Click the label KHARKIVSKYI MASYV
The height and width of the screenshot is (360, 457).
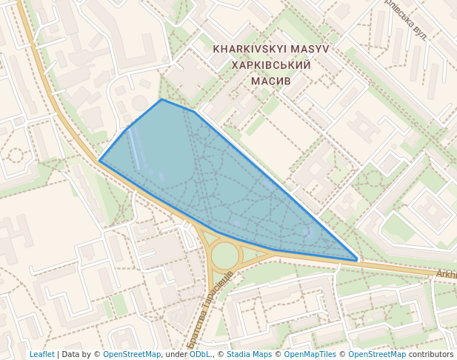pos(270,49)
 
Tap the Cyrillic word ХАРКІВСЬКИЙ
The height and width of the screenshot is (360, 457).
pos(270,65)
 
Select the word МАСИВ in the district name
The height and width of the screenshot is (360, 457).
pos(270,81)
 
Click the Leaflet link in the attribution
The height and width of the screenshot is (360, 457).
pos(42,354)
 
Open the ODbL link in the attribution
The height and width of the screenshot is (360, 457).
pos(199,354)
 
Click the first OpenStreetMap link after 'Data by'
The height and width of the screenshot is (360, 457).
pos(132,354)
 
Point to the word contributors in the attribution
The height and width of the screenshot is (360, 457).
pos(430,354)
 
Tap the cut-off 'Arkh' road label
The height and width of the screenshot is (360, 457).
pos(446,274)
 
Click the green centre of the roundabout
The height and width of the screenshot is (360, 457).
pos(224,256)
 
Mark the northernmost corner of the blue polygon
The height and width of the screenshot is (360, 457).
pos(161,99)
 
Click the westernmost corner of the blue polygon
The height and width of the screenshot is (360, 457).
pos(100,160)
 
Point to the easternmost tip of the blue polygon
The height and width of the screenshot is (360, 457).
pos(358,260)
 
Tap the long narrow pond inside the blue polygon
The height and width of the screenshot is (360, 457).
pos(134,150)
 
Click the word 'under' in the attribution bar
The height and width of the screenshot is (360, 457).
pos(176,354)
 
